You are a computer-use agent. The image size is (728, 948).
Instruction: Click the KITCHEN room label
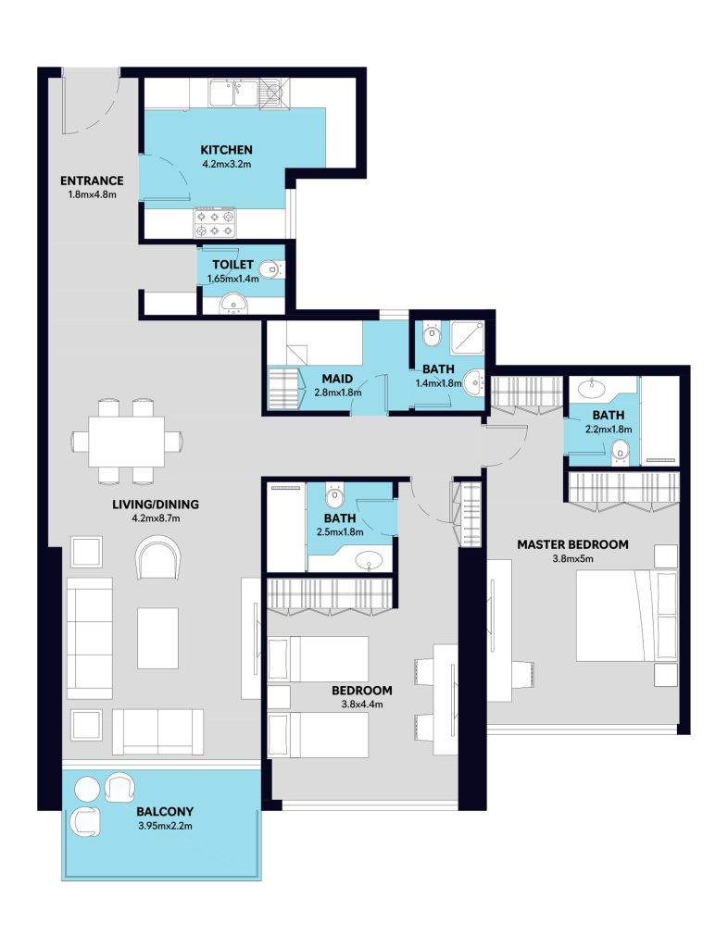(x=226, y=149)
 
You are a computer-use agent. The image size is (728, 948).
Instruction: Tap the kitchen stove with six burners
(x=216, y=222)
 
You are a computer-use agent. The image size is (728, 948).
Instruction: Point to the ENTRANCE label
(x=92, y=181)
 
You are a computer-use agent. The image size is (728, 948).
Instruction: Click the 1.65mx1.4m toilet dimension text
(x=232, y=280)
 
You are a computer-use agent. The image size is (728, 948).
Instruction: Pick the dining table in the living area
(x=126, y=441)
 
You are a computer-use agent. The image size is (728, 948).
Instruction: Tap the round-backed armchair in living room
(x=158, y=558)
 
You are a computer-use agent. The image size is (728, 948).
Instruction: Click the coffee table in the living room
(x=157, y=638)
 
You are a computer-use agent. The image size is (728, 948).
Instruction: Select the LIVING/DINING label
(x=156, y=505)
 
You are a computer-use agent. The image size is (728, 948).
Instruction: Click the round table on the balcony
(x=86, y=790)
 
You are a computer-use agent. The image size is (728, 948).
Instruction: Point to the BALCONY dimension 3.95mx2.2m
(x=165, y=826)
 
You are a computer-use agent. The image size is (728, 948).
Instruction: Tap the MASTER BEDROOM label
(x=572, y=544)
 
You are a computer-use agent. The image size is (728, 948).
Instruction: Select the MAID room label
(x=337, y=379)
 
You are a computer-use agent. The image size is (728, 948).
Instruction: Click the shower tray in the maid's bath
(x=468, y=337)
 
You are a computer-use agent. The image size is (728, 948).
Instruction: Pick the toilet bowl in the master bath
(x=620, y=452)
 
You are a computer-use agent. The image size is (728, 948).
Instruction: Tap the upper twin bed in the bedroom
(x=318, y=659)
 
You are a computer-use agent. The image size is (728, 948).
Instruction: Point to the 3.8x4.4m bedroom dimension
(x=361, y=705)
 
